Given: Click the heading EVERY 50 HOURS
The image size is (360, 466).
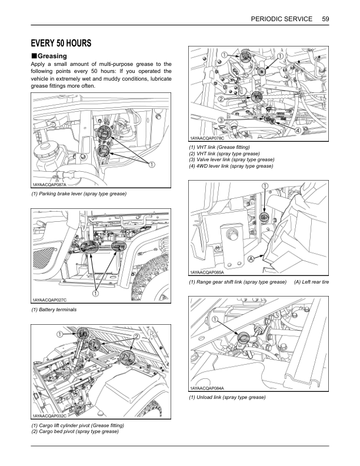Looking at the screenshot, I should pos(61,44).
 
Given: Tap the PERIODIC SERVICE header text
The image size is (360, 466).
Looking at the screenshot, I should pos(281,19).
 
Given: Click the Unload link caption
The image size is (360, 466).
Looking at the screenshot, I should pos(226,398).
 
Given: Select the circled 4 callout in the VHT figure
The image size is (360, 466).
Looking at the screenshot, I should pos(298,129).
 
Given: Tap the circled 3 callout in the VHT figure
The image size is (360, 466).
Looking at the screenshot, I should pos(220,119).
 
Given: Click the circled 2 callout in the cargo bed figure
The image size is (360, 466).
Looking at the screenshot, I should pos(136,336).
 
